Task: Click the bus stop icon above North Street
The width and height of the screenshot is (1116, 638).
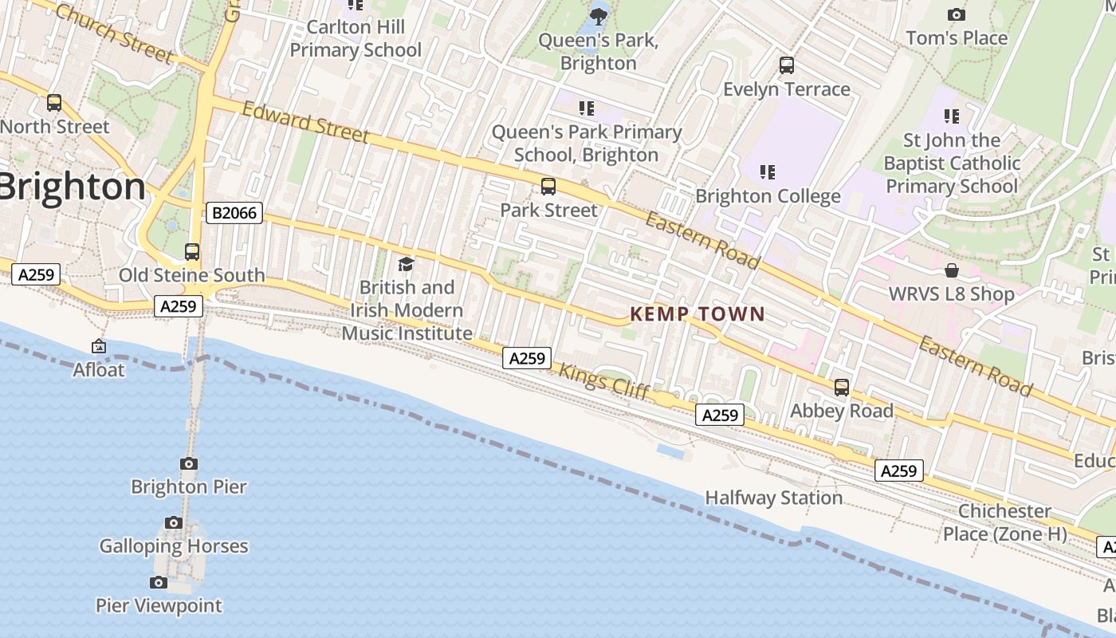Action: tap(54, 103)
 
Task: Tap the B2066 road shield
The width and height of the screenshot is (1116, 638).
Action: tap(234, 213)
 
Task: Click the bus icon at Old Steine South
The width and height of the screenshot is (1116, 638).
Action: tap(192, 252)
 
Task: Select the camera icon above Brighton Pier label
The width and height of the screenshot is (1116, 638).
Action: tap(189, 463)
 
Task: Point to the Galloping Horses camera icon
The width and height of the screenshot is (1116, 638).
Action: tap(174, 523)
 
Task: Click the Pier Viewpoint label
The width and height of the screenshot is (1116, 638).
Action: tap(159, 605)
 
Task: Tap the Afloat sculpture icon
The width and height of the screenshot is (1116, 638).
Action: tap(99, 346)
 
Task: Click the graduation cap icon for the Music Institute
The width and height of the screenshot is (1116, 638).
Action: tap(407, 264)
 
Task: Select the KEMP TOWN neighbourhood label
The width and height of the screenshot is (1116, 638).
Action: tap(697, 314)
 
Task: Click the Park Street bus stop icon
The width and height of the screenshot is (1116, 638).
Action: tap(548, 187)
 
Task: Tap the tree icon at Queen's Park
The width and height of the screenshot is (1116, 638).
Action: tap(599, 15)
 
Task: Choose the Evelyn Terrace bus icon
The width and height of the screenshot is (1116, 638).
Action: tap(787, 65)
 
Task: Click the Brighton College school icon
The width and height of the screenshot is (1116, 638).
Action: tap(768, 171)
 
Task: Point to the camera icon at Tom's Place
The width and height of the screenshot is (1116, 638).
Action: tap(957, 14)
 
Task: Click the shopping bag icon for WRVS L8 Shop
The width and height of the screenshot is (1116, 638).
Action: tap(951, 270)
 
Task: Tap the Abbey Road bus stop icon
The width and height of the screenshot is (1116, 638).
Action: tap(842, 388)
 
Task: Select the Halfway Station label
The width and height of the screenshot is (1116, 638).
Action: tap(773, 498)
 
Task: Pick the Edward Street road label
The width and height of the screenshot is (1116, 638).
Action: tap(305, 122)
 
